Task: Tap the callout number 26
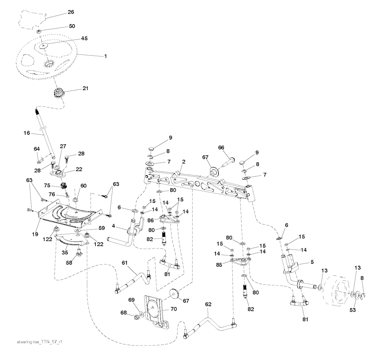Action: point(71,12)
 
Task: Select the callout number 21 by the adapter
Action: point(85,89)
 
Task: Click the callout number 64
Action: point(36,149)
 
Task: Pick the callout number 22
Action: point(79,169)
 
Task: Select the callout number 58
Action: point(69,263)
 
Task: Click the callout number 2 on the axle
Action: point(183,161)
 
